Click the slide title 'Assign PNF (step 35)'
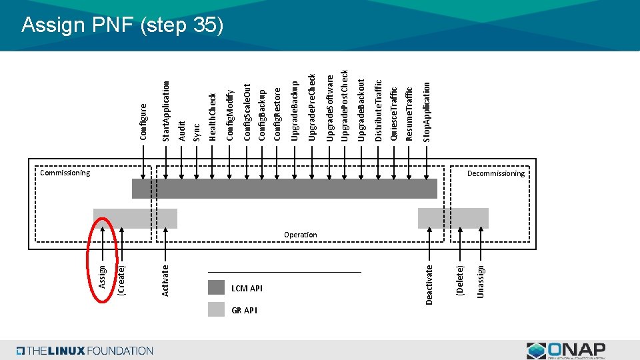(121, 25)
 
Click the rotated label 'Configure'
(143, 121)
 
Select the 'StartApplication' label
(167, 111)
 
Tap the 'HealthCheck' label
(213, 117)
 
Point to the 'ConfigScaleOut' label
(247, 112)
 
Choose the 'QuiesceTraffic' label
(394, 113)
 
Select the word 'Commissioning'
(65, 173)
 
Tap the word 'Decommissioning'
(495, 173)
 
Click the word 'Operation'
(300, 235)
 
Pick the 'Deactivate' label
(429, 284)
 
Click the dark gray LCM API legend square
(216, 287)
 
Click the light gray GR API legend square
(216, 309)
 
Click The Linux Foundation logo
(85, 351)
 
